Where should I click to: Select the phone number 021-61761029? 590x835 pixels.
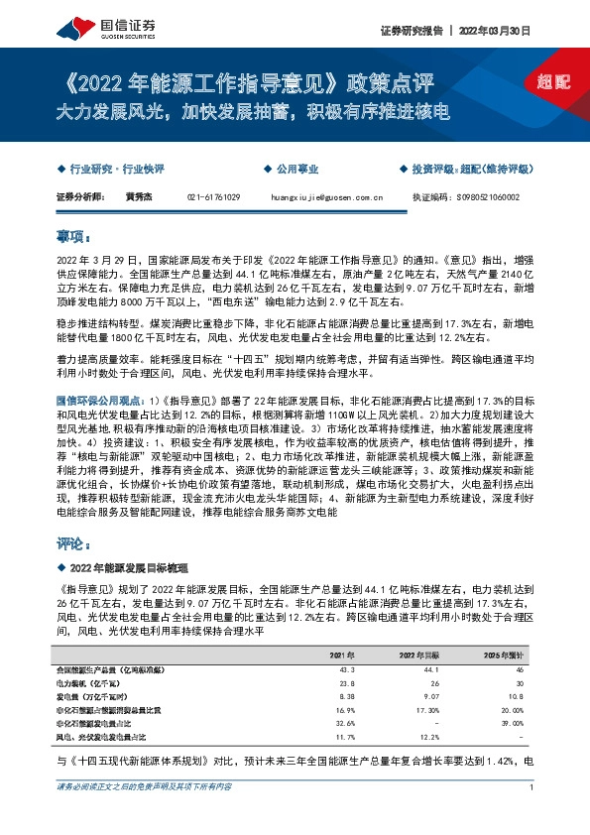(213, 197)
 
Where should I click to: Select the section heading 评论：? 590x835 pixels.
(74, 545)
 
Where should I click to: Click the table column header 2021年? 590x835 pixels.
(340, 655)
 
